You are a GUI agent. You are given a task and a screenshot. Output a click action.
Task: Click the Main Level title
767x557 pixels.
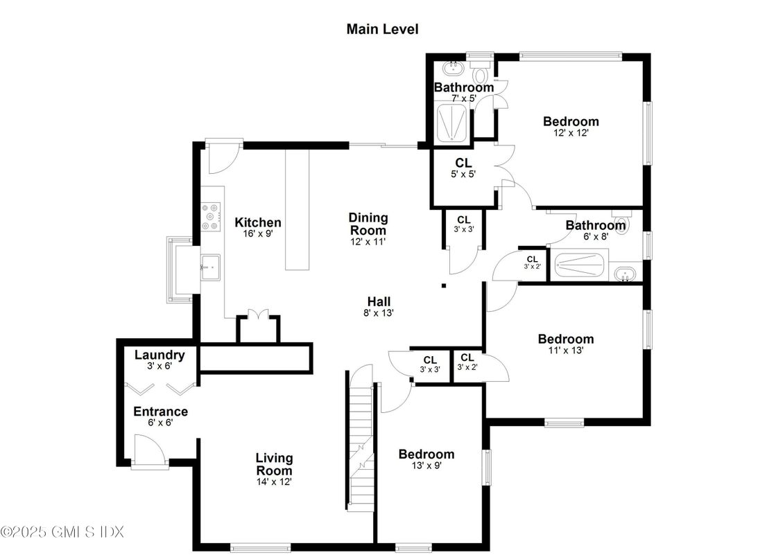382,29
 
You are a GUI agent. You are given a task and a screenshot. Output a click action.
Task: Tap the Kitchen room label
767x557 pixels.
258,222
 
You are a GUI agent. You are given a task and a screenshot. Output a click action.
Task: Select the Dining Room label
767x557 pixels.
368,224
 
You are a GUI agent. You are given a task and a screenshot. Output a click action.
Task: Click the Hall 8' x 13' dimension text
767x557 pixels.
379,312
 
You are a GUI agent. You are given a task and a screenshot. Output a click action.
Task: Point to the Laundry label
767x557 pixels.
160,355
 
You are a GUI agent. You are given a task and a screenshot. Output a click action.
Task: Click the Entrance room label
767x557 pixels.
160,412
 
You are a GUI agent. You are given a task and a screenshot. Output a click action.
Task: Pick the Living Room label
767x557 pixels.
274,464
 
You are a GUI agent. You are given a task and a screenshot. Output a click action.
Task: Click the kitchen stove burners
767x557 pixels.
211,216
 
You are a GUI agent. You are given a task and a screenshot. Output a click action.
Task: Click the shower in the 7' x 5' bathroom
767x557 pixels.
454,125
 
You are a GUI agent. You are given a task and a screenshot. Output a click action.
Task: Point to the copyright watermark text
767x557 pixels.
62,532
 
